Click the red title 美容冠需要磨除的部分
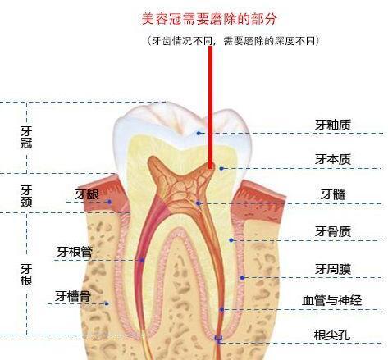(209, 19)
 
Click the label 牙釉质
(333, 125)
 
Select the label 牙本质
(333, 159)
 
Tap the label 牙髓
(333, 194)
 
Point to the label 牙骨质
(333, 231)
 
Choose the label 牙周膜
(333, 269)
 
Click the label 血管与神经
(332, 300)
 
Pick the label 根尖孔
(332, 335)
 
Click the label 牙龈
(87, 194)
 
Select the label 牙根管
(75, 252)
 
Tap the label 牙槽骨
(73, 296)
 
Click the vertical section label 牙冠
(26, 137)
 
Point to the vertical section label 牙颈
(26, 196)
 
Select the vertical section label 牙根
(26, 275)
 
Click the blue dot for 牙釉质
(199, 133)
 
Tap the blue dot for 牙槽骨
(107, 303)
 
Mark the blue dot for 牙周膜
(242, 278)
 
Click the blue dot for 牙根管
(142, 260)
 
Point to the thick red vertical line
(210, 107)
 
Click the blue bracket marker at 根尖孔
(218, 339)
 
